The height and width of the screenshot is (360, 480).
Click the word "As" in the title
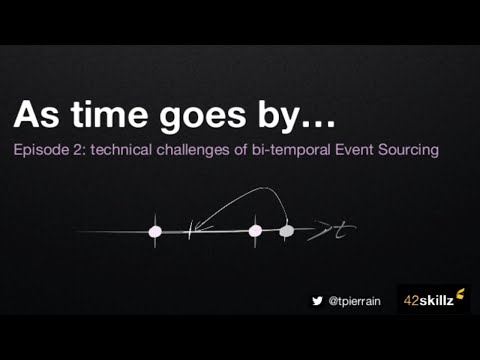[35, 115]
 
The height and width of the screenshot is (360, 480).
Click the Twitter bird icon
[318, 299]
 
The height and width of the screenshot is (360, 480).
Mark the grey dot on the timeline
[286, 231]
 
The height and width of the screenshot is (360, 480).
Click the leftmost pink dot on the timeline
[155, 231]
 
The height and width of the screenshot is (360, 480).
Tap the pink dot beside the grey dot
[255, 231]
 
